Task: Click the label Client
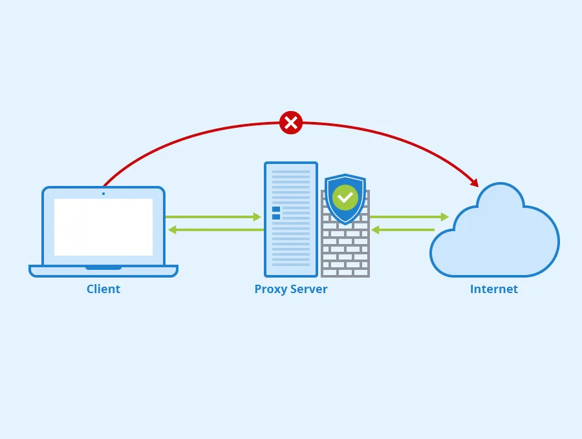(x=103, y=289)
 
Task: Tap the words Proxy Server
(x=291, y=289)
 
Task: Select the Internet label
(x=493, y=289)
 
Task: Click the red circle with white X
(x=291, y=122)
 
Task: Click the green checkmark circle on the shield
(x=345, y=197)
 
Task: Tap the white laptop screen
(x=103, y=227)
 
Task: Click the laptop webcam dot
(x=103, y=193)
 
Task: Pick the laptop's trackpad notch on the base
(x=103, y=267)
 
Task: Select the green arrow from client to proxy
(x=213, y=217)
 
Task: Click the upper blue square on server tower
(x=276, y=209)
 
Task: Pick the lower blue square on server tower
(x=276, y=217)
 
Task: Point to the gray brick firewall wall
(x=345, y=252)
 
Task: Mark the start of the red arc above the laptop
(x=105, y=184)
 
